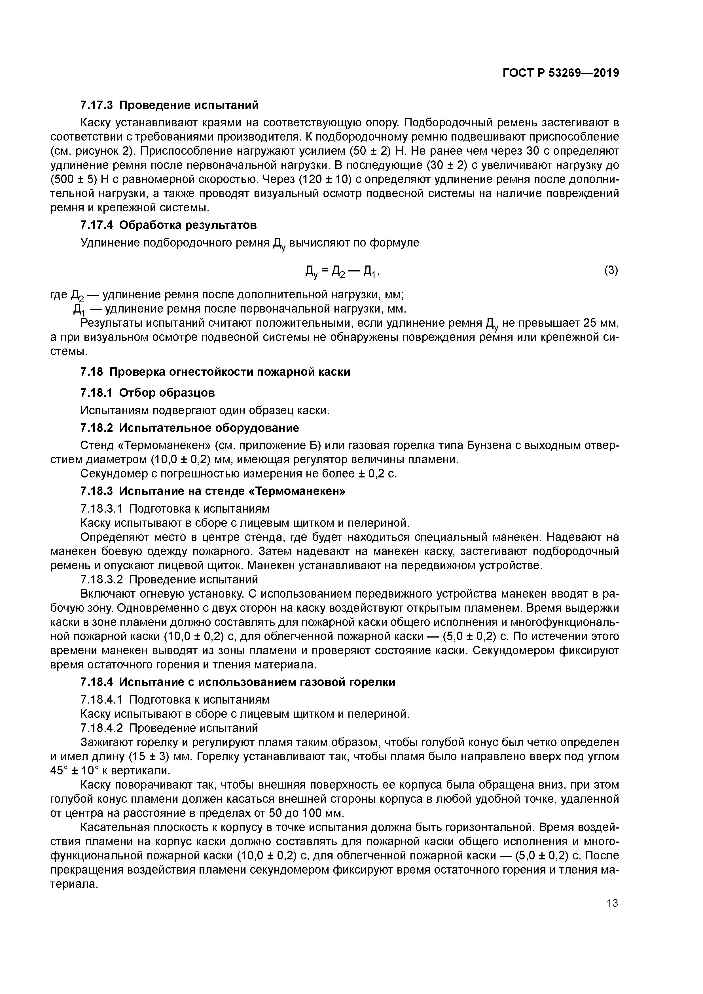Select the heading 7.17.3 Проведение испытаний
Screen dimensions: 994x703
coord(170,105)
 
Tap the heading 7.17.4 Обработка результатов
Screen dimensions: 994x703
coord(168,225)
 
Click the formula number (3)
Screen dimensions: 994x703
coord(611,271)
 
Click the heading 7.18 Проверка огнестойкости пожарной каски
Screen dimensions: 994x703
coord(215,372)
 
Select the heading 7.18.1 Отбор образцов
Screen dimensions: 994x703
coord(148,393)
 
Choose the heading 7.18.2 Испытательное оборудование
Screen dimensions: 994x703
coord(190,428)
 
